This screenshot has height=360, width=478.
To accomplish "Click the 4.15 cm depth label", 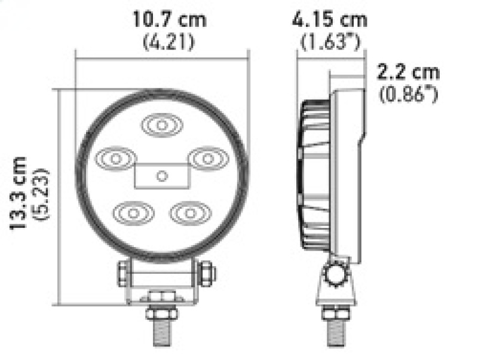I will point(330,19).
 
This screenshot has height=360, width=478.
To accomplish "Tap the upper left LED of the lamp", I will point(115,159).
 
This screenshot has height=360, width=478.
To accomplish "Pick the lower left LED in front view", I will point(133,212).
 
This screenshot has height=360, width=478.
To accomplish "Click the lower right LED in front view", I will point(189,212).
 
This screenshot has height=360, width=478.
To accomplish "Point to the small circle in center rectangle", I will point(161,175).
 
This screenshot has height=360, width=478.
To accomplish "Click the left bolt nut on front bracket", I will point(122,273).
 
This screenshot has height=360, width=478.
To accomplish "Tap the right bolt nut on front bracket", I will point(207,273).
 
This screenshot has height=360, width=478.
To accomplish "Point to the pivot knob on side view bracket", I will point(336,276).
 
